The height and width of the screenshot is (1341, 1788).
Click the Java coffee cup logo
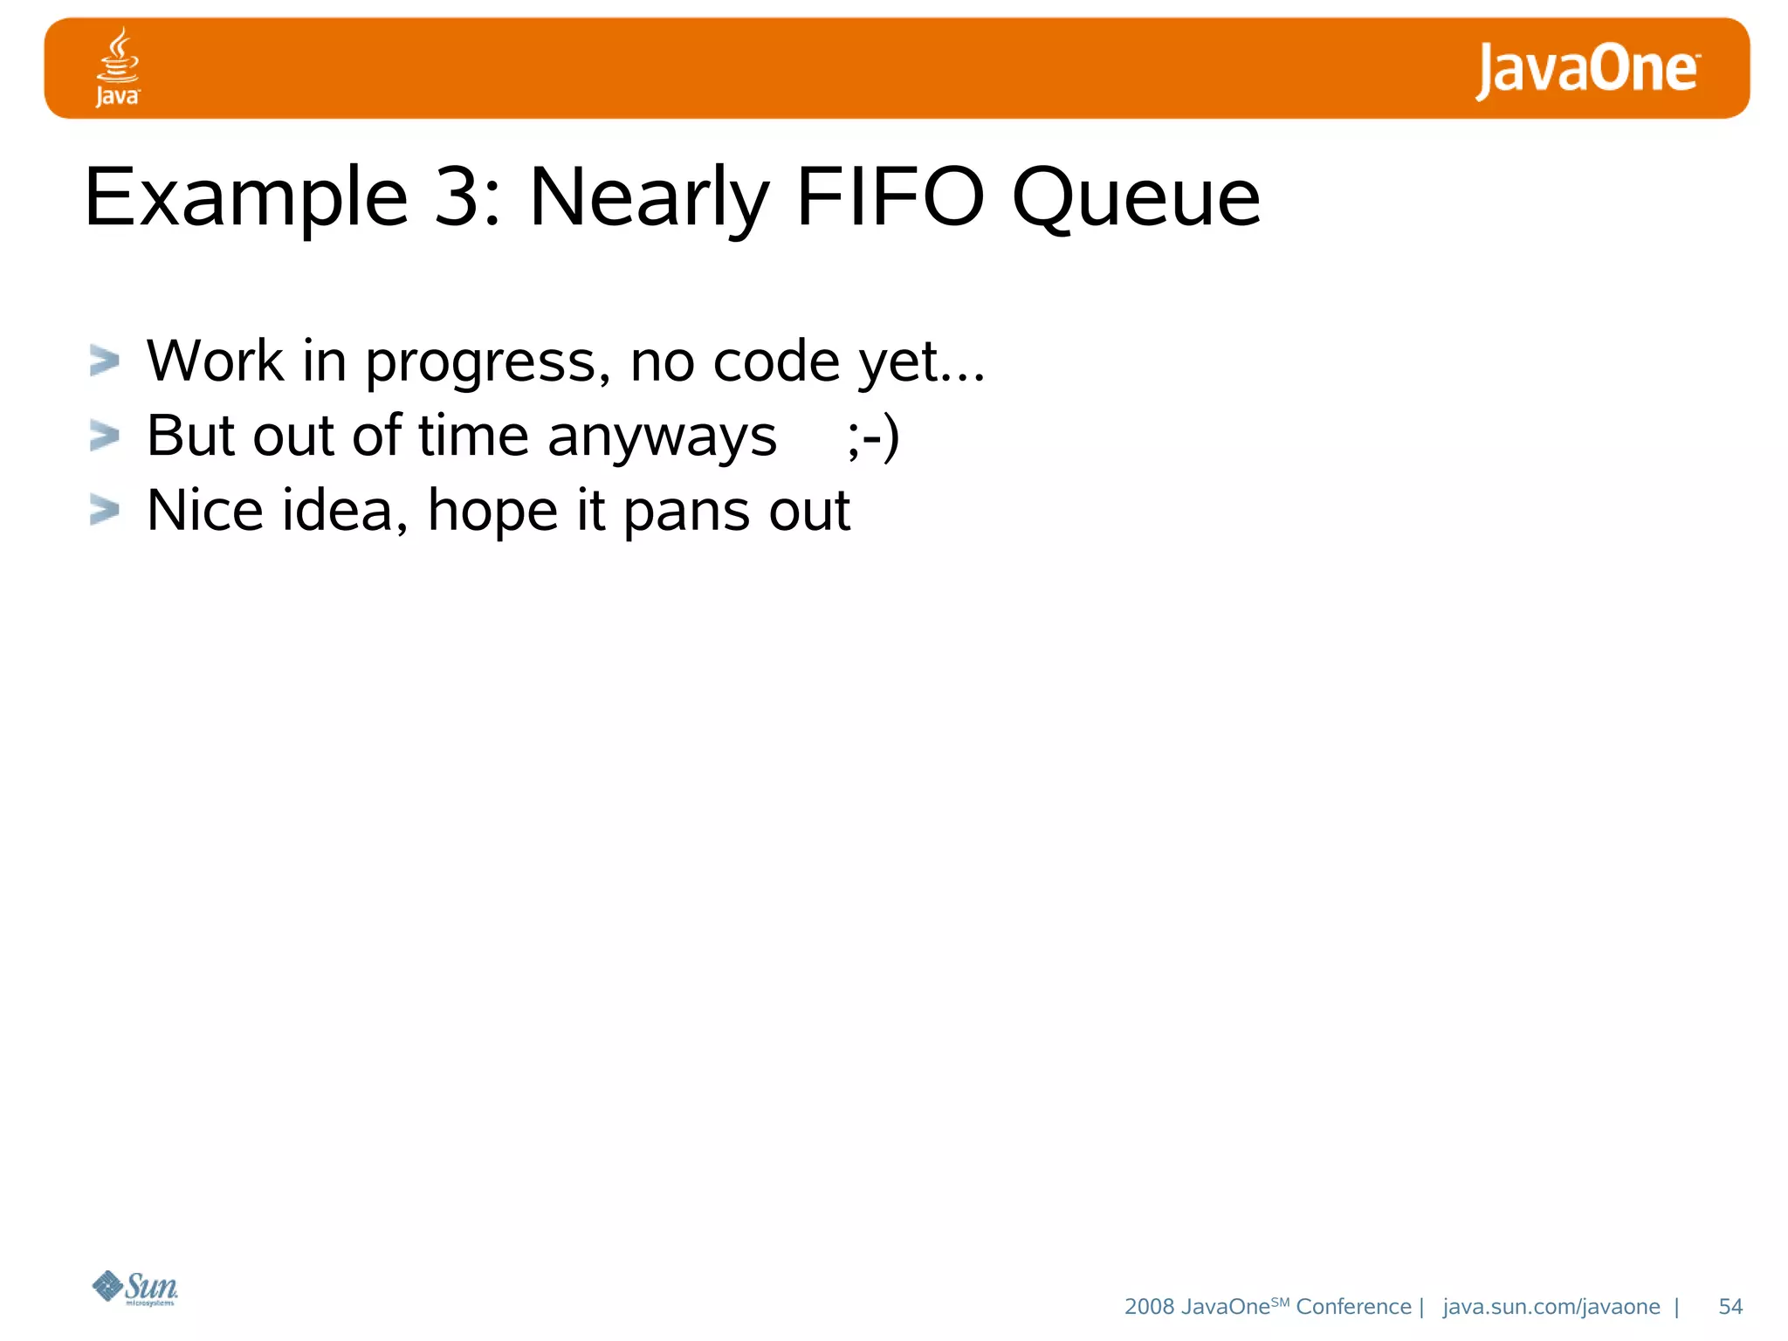[x=117, y=66]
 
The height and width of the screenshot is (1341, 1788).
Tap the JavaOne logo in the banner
[x=1587, y=70]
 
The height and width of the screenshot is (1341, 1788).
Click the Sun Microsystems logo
[x=135, y=1288]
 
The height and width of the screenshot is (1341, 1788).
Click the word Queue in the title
[x=1136, y=199]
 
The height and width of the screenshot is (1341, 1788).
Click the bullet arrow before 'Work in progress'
[x=105, y=361]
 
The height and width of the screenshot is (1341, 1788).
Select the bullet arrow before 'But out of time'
[x=105, y=436]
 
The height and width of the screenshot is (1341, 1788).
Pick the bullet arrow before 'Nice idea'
[x=105, y=510]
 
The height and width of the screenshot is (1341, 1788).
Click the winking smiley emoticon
[x=872, y=437]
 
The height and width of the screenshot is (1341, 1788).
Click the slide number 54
[x=1730, y=1307]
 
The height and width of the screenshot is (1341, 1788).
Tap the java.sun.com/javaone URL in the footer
[x=1551, y=1307]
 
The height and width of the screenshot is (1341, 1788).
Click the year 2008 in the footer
[x=1149, y=1307]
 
